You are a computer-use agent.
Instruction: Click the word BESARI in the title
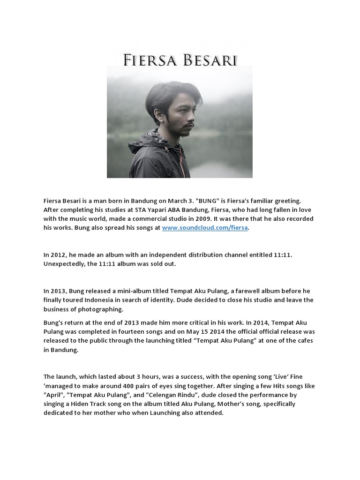(211, 60)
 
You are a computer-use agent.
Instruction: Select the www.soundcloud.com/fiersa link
(205, 228)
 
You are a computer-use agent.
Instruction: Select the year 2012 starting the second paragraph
(59, 255)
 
